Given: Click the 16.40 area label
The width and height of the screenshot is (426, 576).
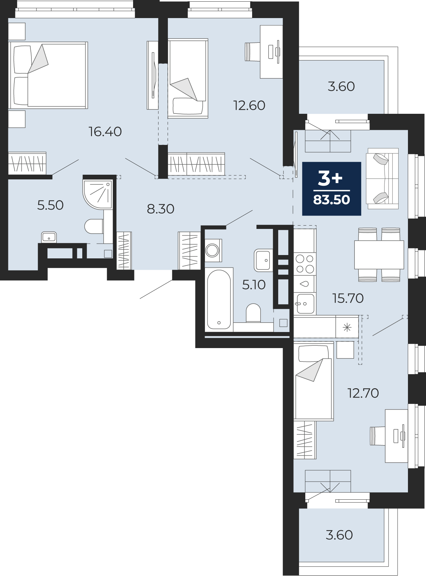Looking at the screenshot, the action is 105,132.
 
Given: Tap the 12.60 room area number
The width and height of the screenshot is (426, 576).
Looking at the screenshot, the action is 249,105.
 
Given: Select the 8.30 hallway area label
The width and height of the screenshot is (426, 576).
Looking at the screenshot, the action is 161,209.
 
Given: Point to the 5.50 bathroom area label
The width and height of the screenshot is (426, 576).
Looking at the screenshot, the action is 50,205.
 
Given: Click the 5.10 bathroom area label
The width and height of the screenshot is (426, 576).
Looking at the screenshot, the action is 254,285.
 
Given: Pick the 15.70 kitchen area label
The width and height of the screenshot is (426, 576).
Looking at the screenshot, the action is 348,298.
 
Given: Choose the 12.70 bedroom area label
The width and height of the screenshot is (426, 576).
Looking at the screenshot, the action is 363,393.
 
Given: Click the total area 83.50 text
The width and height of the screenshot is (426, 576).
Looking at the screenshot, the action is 331,199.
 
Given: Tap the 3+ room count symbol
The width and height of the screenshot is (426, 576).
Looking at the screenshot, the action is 330,178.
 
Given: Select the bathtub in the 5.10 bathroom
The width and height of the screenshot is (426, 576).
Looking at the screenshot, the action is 219,300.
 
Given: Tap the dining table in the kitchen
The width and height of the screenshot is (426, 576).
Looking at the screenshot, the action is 379,254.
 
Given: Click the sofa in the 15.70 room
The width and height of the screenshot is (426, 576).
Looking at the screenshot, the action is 383,179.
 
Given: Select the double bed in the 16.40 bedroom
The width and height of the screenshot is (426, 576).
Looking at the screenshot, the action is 48,75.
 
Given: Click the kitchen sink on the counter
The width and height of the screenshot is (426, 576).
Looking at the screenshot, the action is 305,304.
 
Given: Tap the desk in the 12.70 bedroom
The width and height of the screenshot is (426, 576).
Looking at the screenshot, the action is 397,436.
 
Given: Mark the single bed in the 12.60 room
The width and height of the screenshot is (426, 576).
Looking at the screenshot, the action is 188,78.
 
